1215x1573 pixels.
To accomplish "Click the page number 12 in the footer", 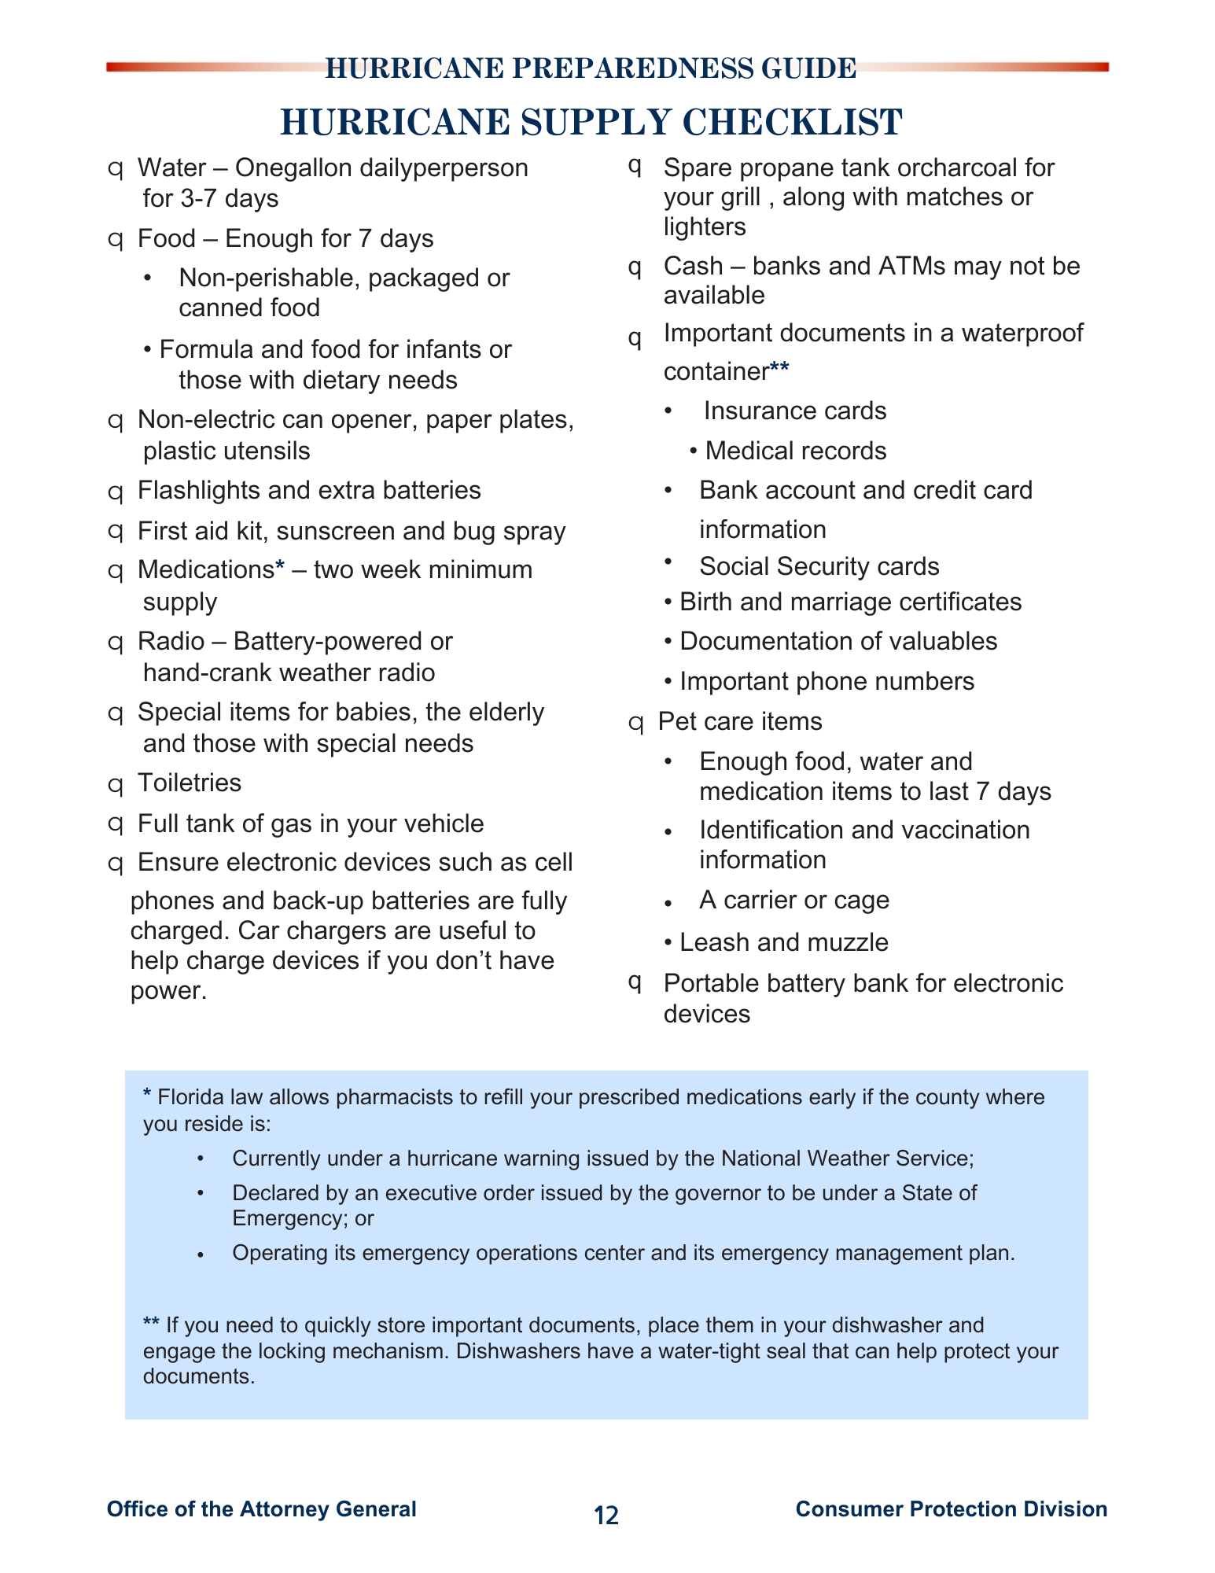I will [x=606, y=1516].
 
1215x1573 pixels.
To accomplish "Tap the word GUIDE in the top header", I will [x=808, y=69].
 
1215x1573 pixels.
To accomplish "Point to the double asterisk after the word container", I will [x=779, y=367].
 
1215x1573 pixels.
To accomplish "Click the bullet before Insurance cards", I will [x=668, y=411].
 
